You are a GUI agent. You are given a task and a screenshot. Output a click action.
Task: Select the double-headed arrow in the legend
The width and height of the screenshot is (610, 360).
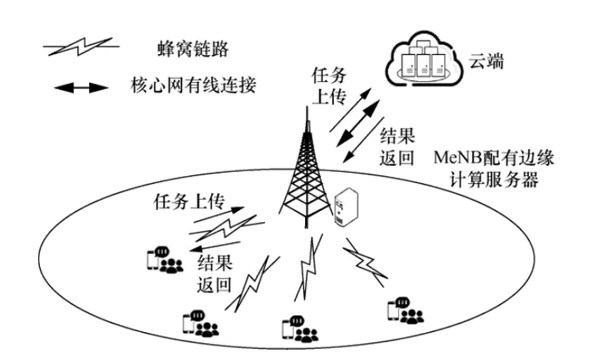tap(80, 86)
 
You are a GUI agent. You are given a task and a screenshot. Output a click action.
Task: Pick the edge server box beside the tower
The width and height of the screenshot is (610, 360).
tap(346, 208)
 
